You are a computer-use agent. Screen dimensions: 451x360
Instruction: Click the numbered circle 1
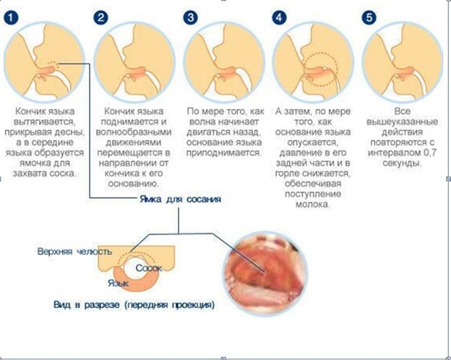tap(11, 17)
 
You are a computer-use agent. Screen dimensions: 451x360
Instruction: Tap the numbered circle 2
tap(100, 17)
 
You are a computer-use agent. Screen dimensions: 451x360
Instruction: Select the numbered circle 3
tap(190, 17)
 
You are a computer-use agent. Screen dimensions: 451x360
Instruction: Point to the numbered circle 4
tap(279, 17)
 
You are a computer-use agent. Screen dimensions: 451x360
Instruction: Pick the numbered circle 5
tap(369, 17)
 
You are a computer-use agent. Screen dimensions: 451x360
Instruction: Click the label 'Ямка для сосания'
tap(181, 199)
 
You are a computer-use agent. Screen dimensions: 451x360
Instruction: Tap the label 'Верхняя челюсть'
tap(74, 252)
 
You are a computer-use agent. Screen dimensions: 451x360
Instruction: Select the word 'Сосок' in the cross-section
tap(149, 268)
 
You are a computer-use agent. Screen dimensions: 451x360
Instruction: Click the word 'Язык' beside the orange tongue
tap(119, 283)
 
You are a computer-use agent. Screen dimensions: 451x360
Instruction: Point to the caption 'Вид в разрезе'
tap(86, 305)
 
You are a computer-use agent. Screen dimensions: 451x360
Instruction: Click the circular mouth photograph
tap(265, 274)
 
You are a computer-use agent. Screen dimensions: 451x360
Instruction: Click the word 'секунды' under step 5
tap(402, 163)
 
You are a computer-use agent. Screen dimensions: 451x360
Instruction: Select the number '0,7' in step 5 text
tap(430, 153)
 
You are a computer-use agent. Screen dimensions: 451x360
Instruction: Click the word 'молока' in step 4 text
tap(313, 205)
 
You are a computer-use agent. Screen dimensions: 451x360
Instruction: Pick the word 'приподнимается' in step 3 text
tap(224, 153)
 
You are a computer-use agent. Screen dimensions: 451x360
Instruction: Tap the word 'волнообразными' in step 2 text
tap(134, 132)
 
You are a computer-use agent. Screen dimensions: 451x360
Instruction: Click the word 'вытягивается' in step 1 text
tap(44, 122)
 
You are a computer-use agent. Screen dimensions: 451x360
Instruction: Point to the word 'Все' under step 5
tap(402, 111)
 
